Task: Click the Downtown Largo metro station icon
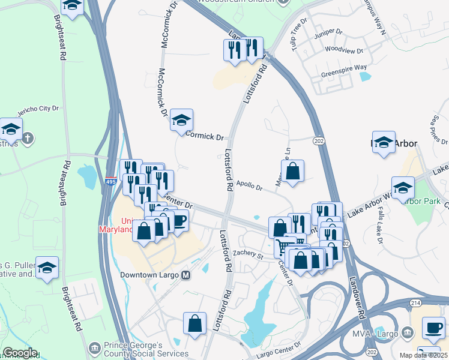(185, 275)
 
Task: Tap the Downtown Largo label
(149, 275)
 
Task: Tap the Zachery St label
(249, 255)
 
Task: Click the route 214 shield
(416, 305)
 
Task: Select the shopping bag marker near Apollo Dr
(292, 172)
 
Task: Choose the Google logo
(20, 353)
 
